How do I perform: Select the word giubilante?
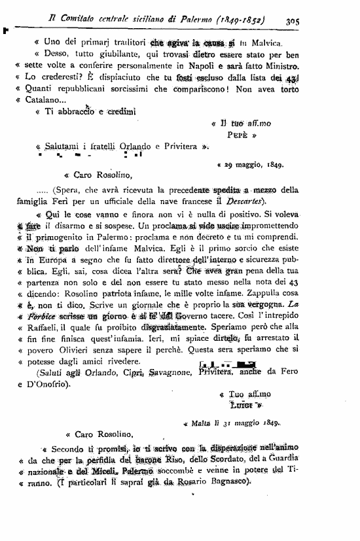point(105,54)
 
